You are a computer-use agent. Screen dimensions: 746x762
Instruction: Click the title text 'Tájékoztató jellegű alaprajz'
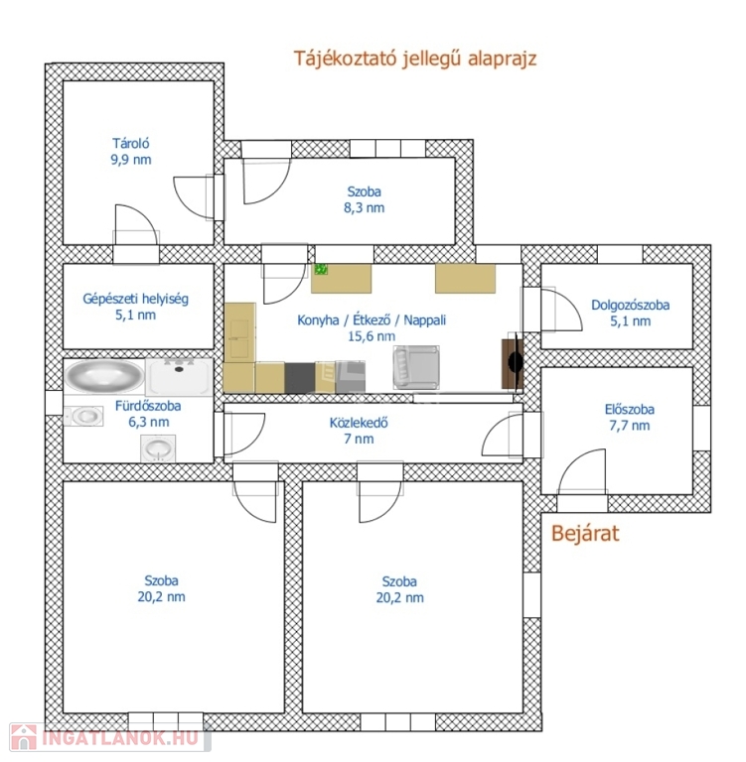[415, 59]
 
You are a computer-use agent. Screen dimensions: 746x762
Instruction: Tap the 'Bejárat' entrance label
[585, 534]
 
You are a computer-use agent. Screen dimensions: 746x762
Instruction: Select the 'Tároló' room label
[131, 143]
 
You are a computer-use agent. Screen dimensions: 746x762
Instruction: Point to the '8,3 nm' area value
[364, 208]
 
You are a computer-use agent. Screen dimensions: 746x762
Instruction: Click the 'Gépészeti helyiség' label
[135, 299]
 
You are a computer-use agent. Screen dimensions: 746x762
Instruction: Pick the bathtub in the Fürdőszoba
[104, 375]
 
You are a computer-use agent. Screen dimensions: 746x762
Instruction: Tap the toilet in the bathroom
[83, 416]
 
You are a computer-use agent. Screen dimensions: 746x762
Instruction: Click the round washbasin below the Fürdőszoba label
[158, 448]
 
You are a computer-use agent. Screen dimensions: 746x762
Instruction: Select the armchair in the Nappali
[416, 367]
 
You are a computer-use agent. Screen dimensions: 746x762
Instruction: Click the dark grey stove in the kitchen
[300, 378]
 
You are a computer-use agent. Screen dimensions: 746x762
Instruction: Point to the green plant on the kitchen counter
[321, 269]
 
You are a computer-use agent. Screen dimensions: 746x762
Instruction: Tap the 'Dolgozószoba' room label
[630, 306]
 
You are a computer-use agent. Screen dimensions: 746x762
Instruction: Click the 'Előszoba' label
[629, 409]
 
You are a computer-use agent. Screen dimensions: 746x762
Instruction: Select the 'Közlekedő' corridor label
[359, 423]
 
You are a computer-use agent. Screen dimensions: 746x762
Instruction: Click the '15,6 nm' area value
[372, 336]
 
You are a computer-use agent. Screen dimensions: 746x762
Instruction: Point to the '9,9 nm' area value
[131, 160]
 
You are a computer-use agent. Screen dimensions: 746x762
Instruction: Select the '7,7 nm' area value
[629, 426]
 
